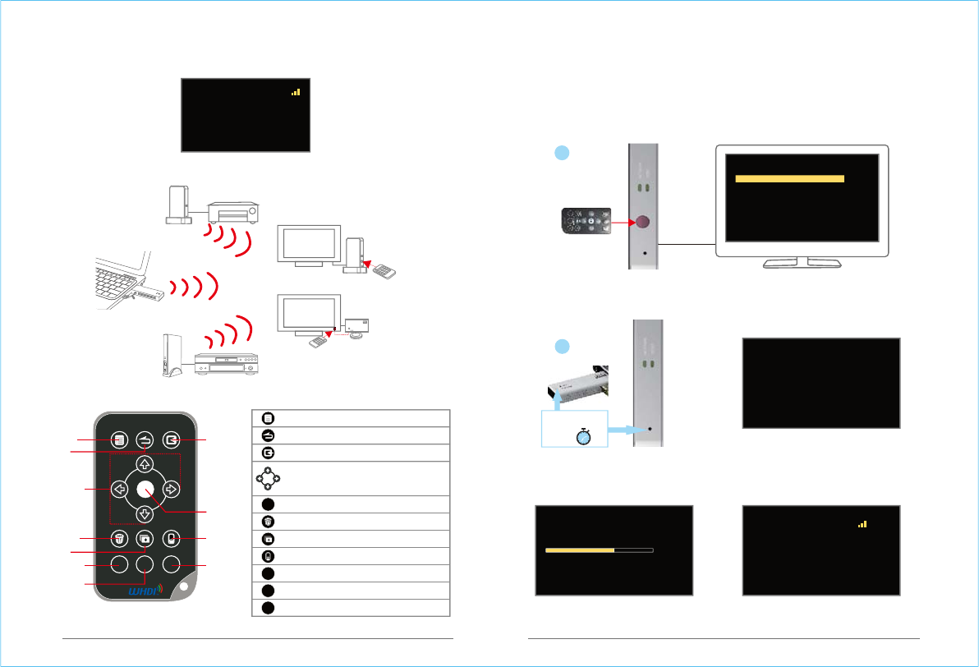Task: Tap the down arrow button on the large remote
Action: pyautogui.click(x=144, y=515)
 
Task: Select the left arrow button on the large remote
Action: pyautogui.click(x=119, y=490)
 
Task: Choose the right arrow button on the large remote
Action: pyautogui.click(x=171, y=490)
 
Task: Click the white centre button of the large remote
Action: pyautogui.click(x=145, y=489)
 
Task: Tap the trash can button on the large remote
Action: pyautogui.click(x=119, y=540)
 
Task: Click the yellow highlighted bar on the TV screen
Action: pyautogui.click(x=789, y=178)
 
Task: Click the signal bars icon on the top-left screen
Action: pyautogui.click(x=296, y=93)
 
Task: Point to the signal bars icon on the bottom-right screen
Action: pyautogui.click(x=862, y=523)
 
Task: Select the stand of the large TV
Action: pyautogui.click(x=801, y=262)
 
